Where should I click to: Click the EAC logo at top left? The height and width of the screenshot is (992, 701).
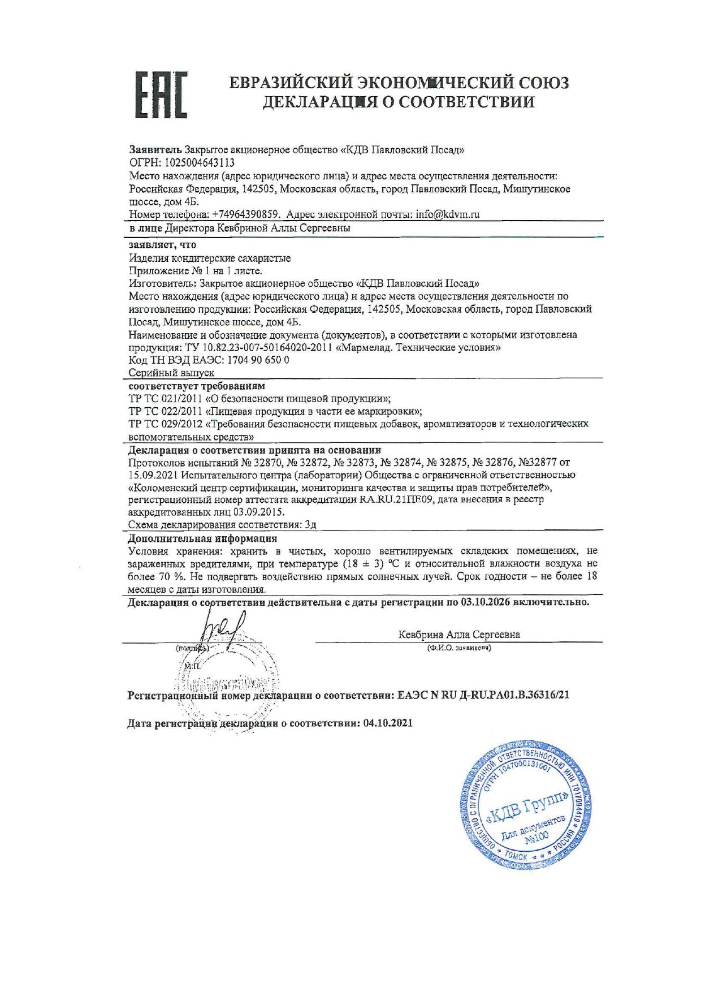(x=161, y=94)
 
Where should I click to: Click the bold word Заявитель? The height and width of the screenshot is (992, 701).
(x=155, y=150)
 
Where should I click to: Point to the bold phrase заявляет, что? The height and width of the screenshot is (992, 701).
(x=162, y=245)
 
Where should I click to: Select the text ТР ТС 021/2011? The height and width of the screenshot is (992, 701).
(x=160, y=398)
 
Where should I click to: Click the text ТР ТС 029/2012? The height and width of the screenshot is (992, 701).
(x=161, y=424)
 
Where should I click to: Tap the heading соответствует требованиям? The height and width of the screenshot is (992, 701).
(x=196, y=386)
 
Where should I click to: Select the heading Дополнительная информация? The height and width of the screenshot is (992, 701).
(x=202, y=538)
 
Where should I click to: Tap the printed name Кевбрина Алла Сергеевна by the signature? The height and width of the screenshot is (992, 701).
(x=459, y=635)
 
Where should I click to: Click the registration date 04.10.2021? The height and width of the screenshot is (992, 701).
(x=388, y=723)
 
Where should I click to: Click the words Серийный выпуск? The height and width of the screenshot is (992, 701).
(x=171, y=373)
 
